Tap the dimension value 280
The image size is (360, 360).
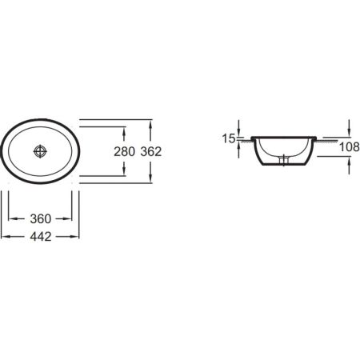pyautogui.click(x=125, y=151)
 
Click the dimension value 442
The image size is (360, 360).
pyautogui.click(x=42, y=238)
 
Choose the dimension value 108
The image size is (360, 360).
pyautogui.click(x=349, y=146)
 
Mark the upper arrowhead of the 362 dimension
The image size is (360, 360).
pyautogui.click(x=152, y=122)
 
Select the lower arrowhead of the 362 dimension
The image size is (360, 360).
pyautogui.click(x=152, y=180)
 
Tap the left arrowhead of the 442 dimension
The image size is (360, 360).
pyautogui.click(x=4, y=238)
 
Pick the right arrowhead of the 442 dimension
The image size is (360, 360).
pyautogui.click(x=81, y=238)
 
